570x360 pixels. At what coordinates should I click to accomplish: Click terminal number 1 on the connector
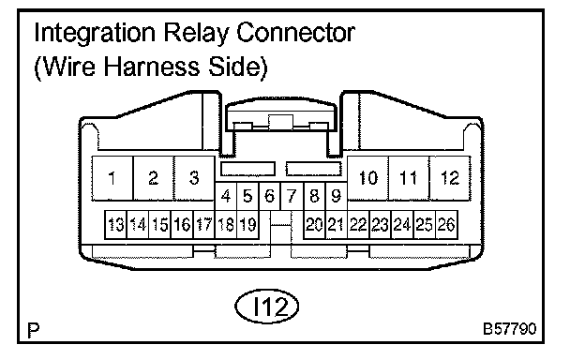pos(112,178)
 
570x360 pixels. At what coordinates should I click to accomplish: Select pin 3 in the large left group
pos(194,178)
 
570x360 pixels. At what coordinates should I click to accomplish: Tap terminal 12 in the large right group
pos(450,178)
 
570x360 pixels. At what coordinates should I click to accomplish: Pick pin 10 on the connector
pos(367,178)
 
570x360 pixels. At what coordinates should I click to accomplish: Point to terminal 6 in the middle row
pos(270,196)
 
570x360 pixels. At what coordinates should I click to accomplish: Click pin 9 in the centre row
pos(337,196)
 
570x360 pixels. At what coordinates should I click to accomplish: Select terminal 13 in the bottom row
pos(115,224)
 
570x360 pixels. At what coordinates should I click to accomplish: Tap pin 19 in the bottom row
pos(247,224)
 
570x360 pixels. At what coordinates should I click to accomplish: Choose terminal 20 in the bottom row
pos(314,224)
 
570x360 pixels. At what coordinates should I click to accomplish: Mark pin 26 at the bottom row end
pos(446,224)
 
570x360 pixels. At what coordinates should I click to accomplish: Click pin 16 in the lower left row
pos(182,224)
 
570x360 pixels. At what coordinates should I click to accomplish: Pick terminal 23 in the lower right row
pos(381,224)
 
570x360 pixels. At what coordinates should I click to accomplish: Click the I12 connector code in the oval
pos(267,307)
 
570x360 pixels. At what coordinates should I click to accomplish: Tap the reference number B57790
pos(510,329)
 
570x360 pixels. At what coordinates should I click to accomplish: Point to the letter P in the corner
pos(34,331)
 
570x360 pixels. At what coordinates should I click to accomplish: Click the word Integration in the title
pos(95,34)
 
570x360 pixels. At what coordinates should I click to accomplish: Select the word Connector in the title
pos(295,33)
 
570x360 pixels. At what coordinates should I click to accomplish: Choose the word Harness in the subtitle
pos(152,67)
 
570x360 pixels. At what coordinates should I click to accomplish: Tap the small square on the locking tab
pos(280,123)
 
